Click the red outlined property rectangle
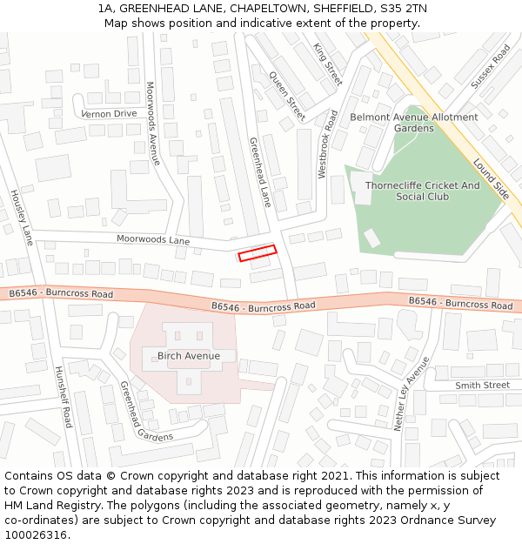pyautogui.click(x=258, y=253)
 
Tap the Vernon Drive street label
pyautogui.click(x=109, y=114)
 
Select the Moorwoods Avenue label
pyautogui.click(x=153, y=124)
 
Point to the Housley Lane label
pyautogui.click(x=21, y=217)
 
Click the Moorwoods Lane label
pyautogui.click(x=153, y=239)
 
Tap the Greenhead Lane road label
pyautogui.click(x=260, y=171)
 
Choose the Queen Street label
pyautogui.click(x=288, y=96)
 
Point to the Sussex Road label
pyautogui.click(x=490, y=67)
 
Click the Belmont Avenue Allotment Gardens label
pyautogui.click(x=413, y=123)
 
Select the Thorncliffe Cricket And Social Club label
pyautogui.click(x=422, y=191)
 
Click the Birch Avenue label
pyautogui.click(x=183, y=356)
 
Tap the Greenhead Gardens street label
pyautogui.click(x=145, y=413)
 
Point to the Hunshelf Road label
pyautogui.click(x=63, y=396)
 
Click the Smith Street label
pyautogui.click(x=482, y=385)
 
